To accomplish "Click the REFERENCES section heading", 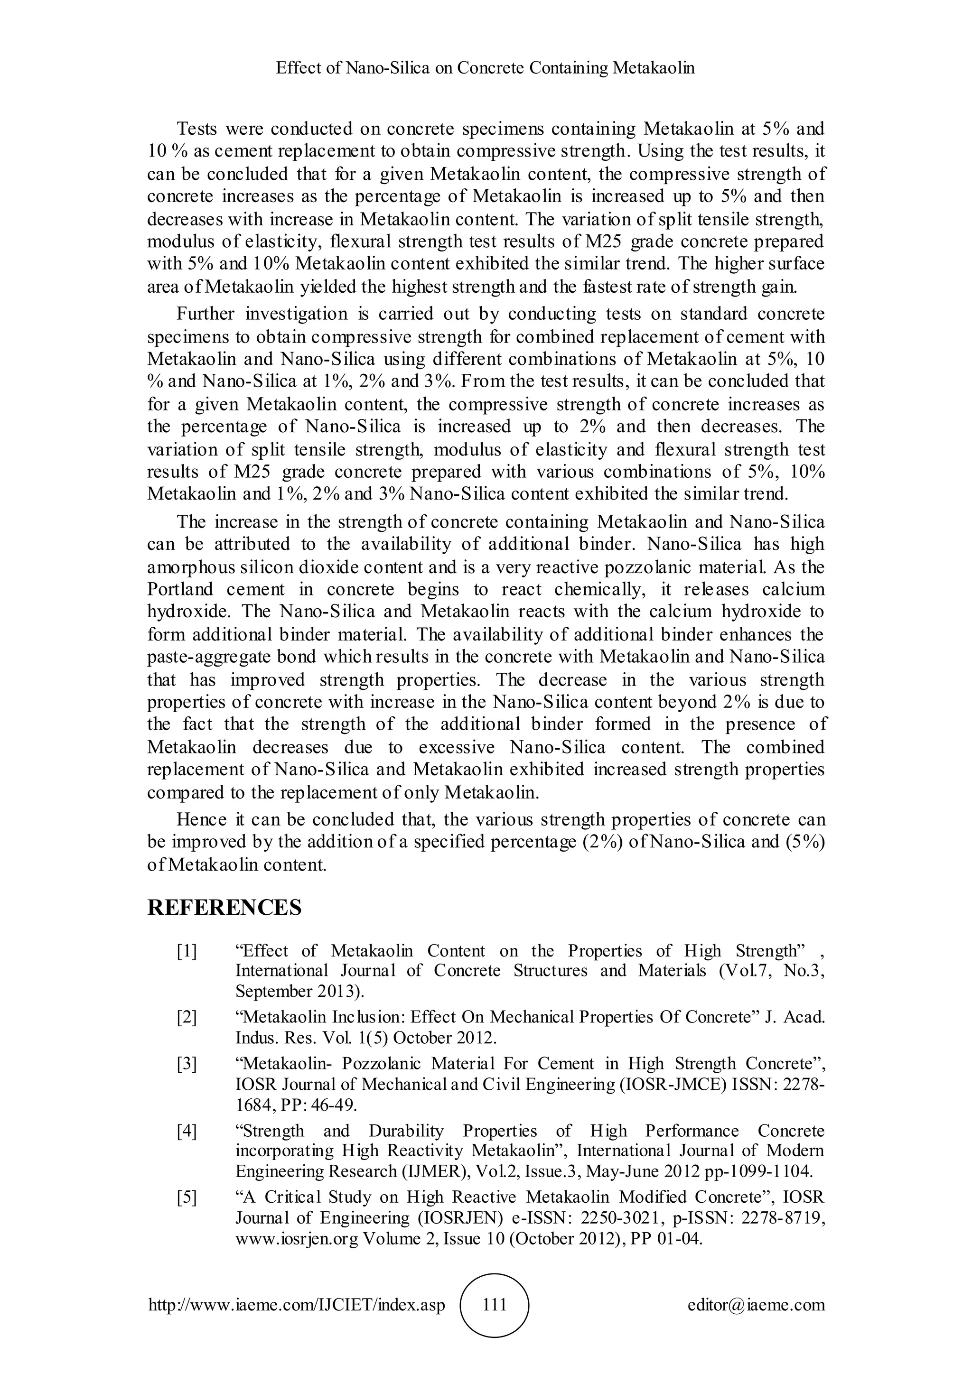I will click(224, 908).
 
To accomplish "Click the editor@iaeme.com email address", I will click(757, 1305).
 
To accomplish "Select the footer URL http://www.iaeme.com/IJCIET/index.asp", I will click(297, 1305).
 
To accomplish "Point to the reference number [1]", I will click(187, 951).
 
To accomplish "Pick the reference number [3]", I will click(187, 1063).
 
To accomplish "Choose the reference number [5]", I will click(187, 1197).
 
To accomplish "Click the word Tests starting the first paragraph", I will click(197, 129).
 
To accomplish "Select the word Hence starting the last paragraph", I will click(202, 819).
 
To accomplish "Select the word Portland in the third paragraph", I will click(180, 589).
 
